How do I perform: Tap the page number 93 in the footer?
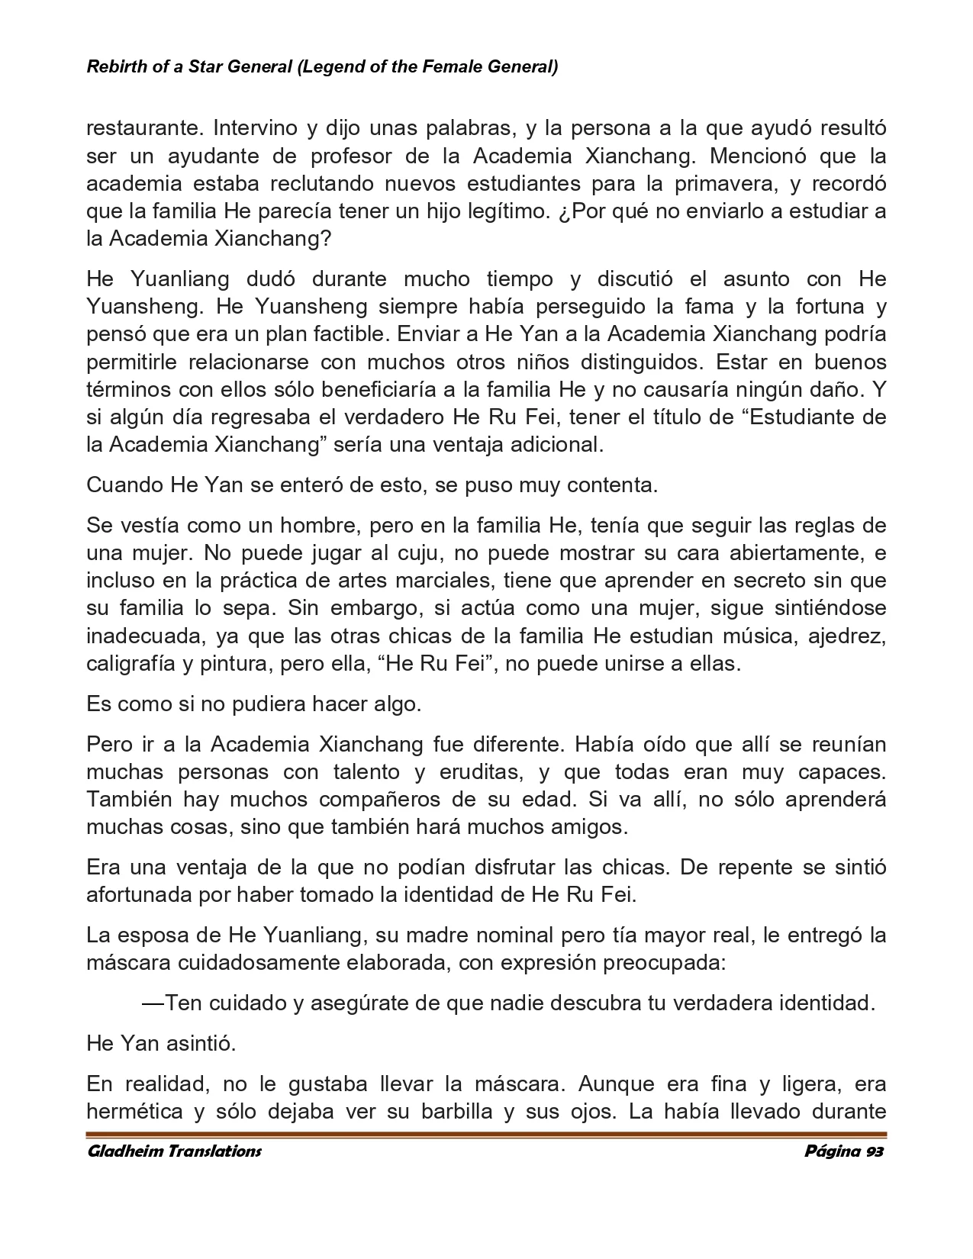pyautogui.click(x=874, y=1151)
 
